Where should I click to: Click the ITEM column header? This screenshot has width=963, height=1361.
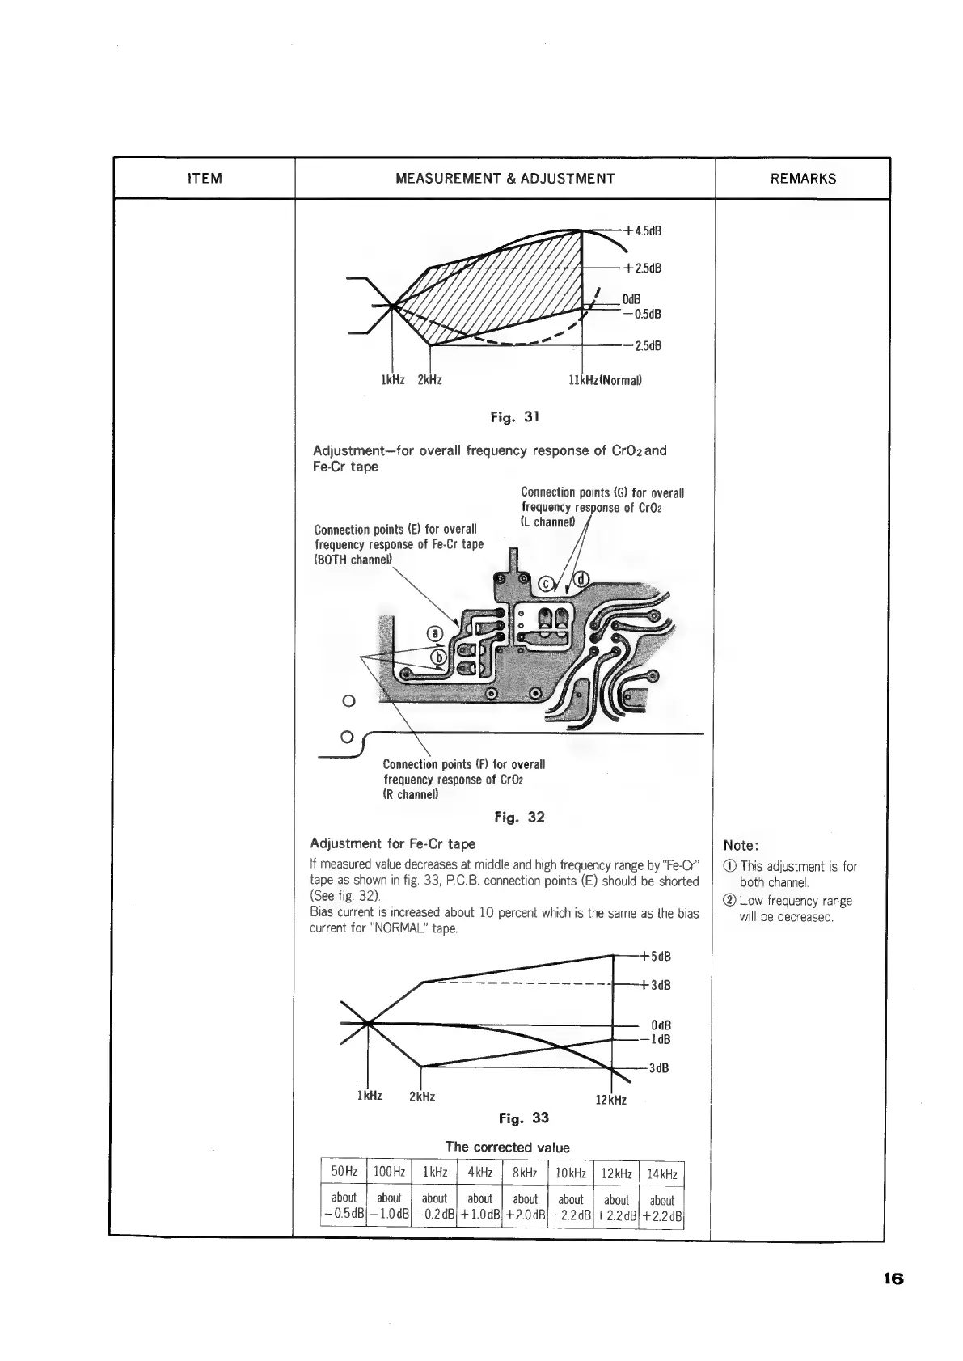coord(204,179)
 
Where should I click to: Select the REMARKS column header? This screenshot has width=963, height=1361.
coord(803,179)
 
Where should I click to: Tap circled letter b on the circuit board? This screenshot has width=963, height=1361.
coord(437,657)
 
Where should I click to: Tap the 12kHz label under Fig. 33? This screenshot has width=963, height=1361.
coord(611,1101)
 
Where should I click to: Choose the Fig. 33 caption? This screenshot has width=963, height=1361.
coord(523,1118)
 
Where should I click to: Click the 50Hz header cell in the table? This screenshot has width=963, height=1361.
coord(344,1172)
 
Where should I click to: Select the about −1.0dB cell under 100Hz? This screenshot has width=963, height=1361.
coord(390,1206)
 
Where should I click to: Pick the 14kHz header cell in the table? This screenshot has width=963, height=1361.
coord(662,1174)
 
